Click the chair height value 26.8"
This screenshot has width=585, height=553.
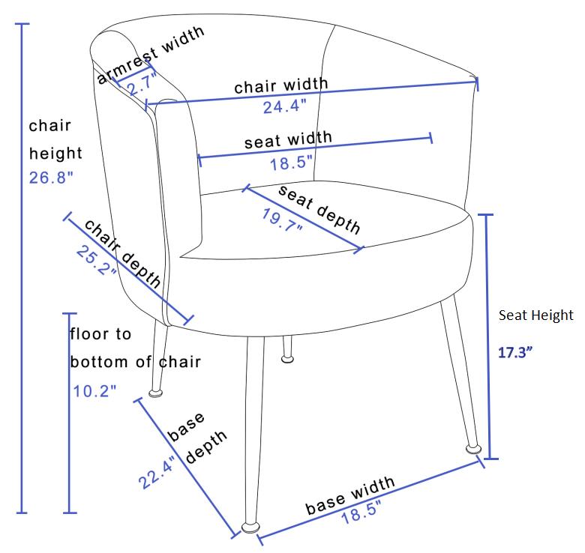click(51, 178)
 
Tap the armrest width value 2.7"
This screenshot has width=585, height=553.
click(142, 85)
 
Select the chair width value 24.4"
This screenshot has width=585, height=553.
click(285, 106)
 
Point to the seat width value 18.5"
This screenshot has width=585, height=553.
click(291, 163)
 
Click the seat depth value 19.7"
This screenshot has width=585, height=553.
click(282, 220)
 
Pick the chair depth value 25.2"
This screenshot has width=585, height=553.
click(96, 261)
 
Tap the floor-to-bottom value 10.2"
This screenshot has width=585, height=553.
click(94, 391)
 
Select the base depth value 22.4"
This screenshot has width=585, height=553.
click(157, 472)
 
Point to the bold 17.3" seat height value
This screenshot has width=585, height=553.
click(515, 352)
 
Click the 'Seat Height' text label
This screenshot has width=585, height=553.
click(536, 315)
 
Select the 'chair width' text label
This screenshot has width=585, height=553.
click(281, 85)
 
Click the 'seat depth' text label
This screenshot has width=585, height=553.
click(319, 209)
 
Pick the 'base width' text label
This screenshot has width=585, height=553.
click(350, 495)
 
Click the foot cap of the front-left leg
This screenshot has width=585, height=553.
click(250, 528)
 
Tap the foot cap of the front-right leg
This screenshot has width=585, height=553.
click(474, 449)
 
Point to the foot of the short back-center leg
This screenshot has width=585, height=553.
click(287, 359)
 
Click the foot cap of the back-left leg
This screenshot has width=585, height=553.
click(155, 393)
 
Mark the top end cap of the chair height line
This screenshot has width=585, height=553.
click(22, 24)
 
